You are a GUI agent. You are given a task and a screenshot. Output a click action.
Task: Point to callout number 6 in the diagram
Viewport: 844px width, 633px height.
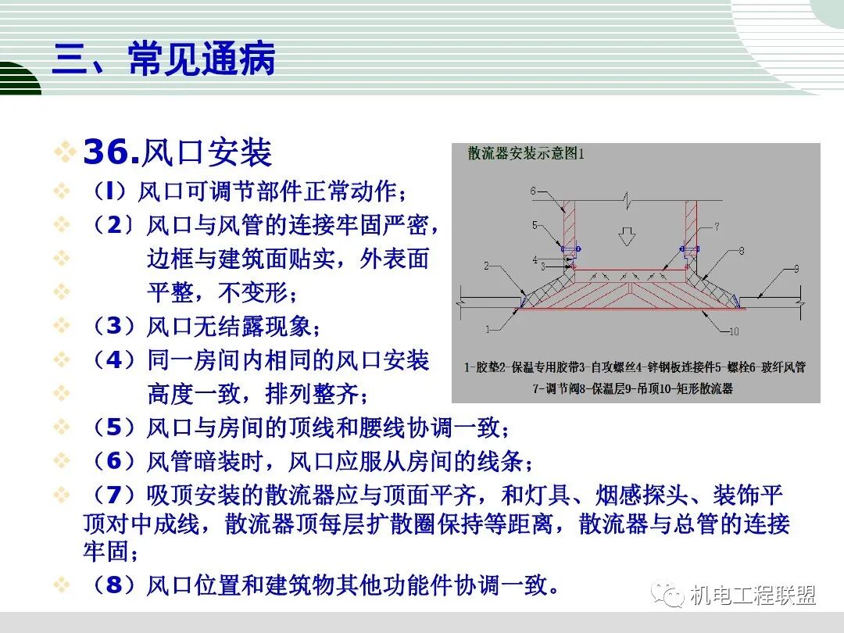click(532, 191)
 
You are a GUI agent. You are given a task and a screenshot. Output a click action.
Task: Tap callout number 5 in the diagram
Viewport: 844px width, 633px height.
click(535, 225)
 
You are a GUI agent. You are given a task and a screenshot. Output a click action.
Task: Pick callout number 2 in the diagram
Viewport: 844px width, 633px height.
click(486, 266)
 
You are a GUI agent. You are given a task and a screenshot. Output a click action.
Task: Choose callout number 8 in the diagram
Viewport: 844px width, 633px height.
click(741, 251)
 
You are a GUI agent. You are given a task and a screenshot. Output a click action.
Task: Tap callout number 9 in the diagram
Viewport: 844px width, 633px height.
click(796, 270)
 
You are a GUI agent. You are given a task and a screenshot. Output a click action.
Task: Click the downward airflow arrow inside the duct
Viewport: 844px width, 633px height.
click(625, 234)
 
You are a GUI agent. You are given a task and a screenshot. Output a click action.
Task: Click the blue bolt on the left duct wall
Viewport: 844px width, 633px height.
click(570, 249)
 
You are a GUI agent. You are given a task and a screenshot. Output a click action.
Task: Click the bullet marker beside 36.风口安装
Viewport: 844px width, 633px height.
click(66, 152)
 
